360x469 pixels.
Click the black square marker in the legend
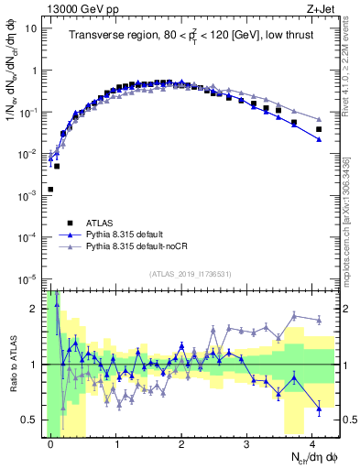70,223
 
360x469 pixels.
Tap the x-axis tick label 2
181,443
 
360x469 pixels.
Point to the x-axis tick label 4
312,443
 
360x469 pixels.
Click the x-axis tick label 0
50,443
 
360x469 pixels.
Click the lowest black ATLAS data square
50,189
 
